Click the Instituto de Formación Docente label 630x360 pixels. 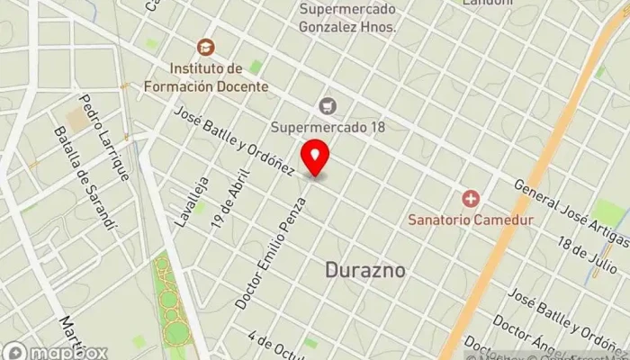[206, 77]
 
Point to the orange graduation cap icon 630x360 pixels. [206, 46]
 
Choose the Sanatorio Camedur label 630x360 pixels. [471, 219]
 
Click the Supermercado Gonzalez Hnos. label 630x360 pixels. [349, 17]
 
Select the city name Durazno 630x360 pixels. [364, 270]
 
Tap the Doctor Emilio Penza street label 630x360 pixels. [271, 254]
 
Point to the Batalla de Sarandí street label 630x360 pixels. [85, 178]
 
